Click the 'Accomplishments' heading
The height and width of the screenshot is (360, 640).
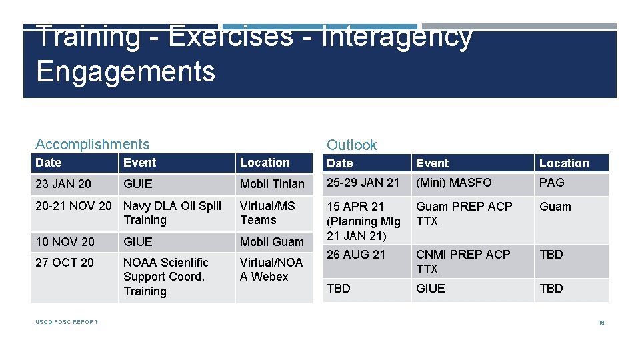[93, 144]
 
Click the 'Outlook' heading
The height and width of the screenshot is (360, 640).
[351, 145]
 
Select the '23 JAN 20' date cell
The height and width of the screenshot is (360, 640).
[64, 183]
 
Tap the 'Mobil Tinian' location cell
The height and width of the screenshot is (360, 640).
[272, 184]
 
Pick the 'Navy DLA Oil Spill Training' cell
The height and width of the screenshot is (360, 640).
[172, 213]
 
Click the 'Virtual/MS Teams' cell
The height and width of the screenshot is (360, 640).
[267, 213]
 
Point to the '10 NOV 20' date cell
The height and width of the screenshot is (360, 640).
[65, 241]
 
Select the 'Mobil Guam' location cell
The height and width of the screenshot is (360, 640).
[272, 242]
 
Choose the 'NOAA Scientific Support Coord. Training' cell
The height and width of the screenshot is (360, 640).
[166, 277]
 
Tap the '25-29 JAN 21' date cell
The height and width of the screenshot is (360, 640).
[363, 182]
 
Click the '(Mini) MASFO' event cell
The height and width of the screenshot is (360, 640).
[454, 182]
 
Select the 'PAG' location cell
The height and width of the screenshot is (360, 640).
[551, 182]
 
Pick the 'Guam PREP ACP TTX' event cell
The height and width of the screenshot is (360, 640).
[464, 213]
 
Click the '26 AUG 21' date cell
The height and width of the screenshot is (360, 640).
[356, 255]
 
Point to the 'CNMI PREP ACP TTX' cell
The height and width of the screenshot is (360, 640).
[463, 261]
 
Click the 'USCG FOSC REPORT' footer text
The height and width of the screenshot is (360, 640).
[67, 322]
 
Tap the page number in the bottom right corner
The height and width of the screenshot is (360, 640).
[601, 323]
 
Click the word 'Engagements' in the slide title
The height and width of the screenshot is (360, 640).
[126, 71]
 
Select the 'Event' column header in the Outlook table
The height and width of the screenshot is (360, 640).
[433, 163]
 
